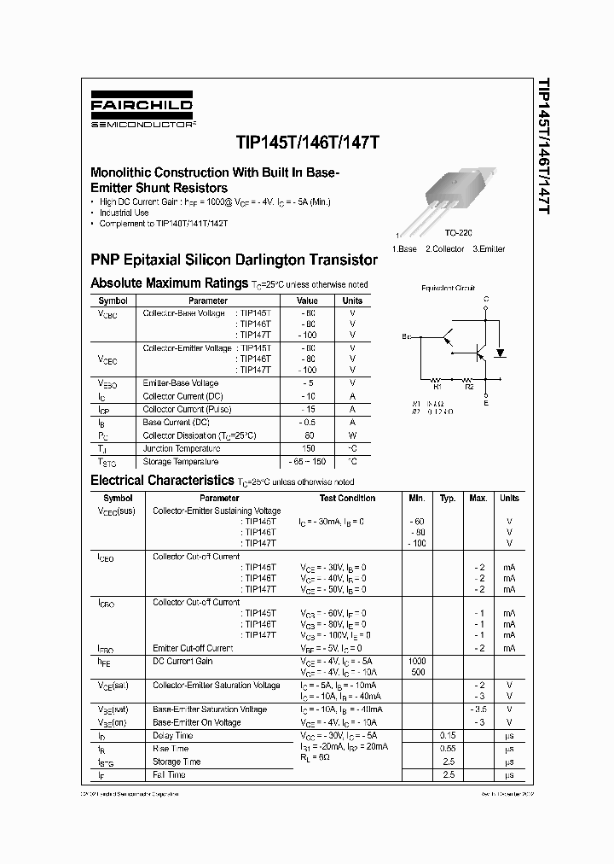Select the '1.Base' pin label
(405, 248)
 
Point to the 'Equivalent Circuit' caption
(448, 289)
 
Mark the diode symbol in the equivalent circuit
(501, 351)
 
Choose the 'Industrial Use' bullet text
(125, 213)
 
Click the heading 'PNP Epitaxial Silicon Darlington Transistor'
(234, 259)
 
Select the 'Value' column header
(307, 301)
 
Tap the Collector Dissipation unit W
(352, 435)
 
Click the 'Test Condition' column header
(347, 498)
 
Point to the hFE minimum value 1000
(417, 661)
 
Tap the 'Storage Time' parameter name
(177, 762)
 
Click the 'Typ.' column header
(448, 498)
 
